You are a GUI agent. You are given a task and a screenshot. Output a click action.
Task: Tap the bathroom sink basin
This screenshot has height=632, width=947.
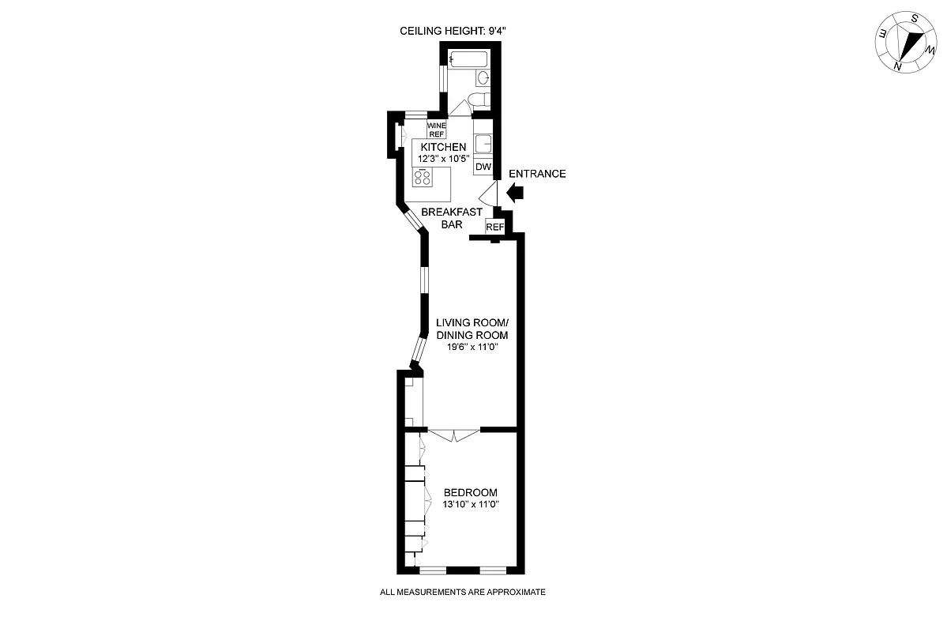point(482,77)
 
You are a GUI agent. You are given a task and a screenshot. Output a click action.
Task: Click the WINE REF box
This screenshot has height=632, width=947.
point(437,130)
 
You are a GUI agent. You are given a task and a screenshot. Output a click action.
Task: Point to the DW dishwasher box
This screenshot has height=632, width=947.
point(483,167)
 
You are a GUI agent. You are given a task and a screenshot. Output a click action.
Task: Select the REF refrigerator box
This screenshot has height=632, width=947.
point(494,228)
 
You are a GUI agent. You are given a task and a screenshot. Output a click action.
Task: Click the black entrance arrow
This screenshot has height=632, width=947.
point(516,190)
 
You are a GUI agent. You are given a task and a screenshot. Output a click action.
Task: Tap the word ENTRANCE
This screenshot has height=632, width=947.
point(537,174)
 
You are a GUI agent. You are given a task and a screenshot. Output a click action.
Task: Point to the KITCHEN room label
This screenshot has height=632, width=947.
point(443,148)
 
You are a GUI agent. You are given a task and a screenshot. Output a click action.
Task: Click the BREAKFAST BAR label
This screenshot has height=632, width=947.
point(452,218)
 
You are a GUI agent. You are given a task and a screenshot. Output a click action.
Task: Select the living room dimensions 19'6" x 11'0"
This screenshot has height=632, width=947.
point(472,347)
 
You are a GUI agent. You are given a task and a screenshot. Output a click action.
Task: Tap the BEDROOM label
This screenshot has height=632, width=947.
point(471,492)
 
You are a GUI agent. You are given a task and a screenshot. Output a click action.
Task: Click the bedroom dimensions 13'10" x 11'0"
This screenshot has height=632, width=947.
point(471,504)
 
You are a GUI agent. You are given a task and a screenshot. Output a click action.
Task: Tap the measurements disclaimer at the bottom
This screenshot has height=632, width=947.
point(463,592)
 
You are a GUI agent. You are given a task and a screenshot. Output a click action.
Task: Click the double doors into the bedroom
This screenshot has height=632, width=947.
point(454,434)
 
